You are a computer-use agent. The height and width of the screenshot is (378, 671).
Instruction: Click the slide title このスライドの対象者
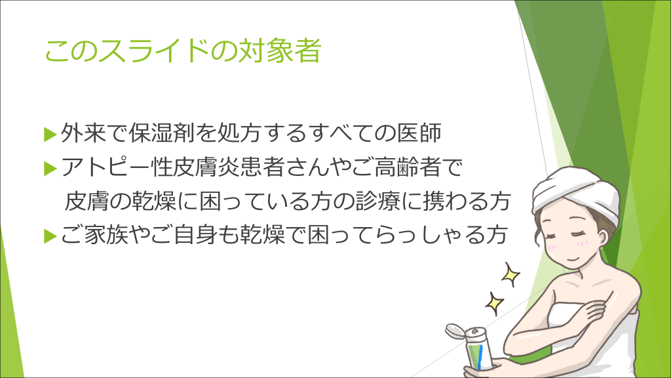[183, 51]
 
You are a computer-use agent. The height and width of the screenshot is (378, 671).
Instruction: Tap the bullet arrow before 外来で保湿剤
[50, 134]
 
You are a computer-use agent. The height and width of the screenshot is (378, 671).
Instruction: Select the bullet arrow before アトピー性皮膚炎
[50, 169]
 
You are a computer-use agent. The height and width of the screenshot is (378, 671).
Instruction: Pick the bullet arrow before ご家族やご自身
[50, 236]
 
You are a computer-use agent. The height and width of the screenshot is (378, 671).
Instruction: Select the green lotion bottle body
[480, 352]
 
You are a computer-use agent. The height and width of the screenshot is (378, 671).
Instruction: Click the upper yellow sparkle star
[510, 274]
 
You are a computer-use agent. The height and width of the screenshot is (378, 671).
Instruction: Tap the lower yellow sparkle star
[495, 303]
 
